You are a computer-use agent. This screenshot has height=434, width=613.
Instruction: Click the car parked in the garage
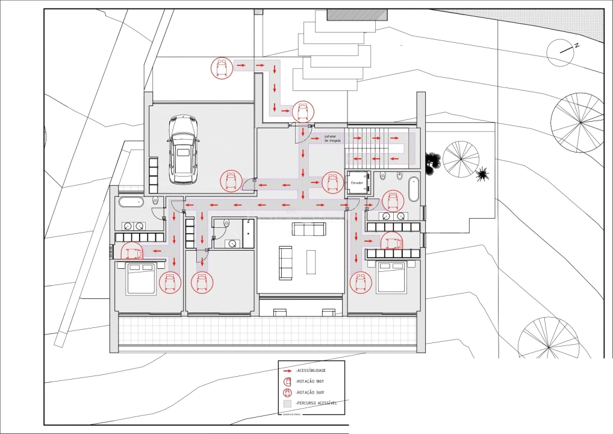click(182, 150)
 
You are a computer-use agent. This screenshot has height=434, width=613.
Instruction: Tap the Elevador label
click(357, 182)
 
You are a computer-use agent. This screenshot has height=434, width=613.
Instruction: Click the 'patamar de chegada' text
click(332, 139)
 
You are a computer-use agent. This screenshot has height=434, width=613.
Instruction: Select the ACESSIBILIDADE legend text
click(311, 370)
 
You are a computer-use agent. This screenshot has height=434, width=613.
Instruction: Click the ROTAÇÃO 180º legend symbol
click(287, 381)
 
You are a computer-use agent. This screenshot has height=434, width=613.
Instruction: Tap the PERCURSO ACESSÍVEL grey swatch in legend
click(287, 403)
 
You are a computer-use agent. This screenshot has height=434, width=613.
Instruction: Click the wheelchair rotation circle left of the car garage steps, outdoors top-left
click(222, 68)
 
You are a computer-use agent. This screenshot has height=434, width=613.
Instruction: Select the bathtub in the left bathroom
click(131, 203)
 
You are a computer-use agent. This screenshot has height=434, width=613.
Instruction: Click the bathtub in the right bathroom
click(414, 189)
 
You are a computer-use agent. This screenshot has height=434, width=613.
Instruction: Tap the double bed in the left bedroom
click(141, 278)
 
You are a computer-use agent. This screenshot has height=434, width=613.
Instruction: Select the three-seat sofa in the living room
click(309, 229)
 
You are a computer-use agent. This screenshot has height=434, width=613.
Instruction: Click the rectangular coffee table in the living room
click(311, 262)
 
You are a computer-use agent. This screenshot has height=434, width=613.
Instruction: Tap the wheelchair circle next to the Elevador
click(332, 182)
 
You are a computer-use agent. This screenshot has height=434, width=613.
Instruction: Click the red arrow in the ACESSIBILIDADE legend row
click(288, 370)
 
